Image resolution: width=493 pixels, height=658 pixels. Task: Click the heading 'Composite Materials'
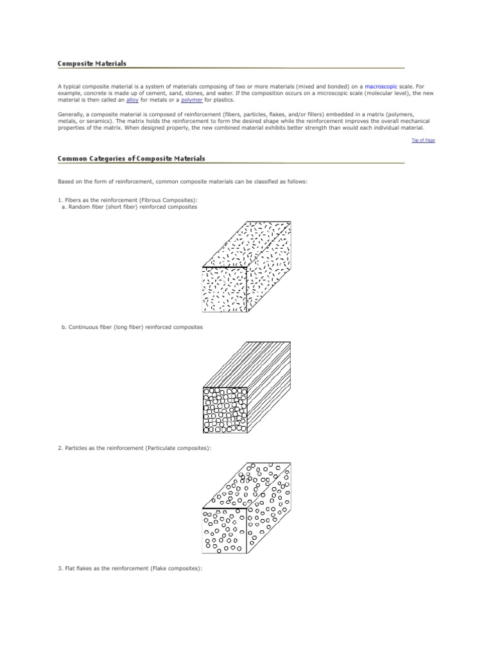[92, 64]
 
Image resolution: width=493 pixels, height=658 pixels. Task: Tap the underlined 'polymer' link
[192, 100]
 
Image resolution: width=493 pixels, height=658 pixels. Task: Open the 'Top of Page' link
[423, 140]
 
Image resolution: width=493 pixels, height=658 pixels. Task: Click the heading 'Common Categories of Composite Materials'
[131, 158]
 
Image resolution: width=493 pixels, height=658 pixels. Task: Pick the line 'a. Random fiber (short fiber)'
[129, 207]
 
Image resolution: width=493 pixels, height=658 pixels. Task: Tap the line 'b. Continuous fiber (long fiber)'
[132, 327]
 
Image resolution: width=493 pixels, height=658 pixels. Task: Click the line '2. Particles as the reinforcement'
[134, 447]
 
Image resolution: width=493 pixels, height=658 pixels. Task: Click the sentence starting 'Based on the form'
[182, 182]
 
